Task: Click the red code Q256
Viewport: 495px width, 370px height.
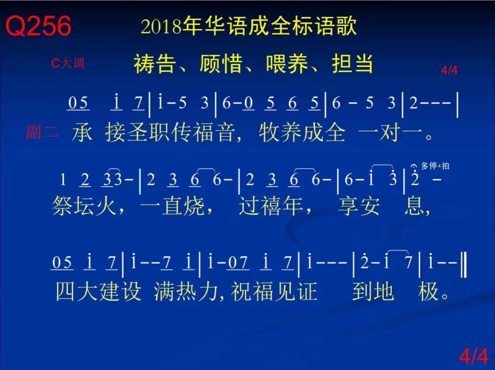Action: click(38, 26)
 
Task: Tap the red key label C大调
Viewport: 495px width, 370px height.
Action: click(68, 63)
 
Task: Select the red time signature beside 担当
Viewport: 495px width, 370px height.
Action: click(449, 70)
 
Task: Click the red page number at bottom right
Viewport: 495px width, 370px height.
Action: click(473, 356)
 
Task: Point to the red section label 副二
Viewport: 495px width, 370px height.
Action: click(42, 132)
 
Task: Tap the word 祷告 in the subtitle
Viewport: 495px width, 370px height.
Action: click(155, 64)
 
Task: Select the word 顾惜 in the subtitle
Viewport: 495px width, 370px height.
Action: click(221, 64)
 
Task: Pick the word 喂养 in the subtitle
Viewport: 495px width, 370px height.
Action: click(287, 64)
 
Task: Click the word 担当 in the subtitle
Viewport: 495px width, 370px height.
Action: click(352, 64)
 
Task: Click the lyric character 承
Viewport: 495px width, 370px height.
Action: click(82, 133)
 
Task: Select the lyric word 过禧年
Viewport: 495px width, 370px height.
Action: click(270, 206)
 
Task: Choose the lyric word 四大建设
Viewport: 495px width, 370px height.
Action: click(98, 291)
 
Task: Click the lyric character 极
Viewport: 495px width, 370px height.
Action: click(429, 291)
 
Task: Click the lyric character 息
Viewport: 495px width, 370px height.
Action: click(414, 206)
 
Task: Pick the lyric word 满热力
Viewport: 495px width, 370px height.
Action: click(186, 291)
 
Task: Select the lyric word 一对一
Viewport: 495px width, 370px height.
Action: click(391, 133)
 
